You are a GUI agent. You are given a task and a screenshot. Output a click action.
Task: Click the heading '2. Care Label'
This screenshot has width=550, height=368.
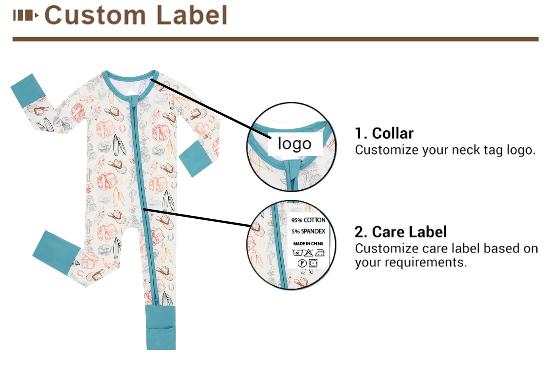click(400, 232)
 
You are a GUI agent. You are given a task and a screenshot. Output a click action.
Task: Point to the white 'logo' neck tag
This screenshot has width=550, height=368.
click(295, 144)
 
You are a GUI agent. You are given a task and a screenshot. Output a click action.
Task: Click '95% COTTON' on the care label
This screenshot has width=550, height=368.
click(308, 220)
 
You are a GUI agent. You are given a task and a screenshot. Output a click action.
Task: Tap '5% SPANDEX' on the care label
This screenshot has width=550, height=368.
click(308, 231)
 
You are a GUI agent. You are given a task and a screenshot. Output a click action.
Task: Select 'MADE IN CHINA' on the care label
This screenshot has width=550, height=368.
click(308, 244)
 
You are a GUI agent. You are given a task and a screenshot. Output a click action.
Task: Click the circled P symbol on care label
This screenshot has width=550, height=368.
click(302, 263)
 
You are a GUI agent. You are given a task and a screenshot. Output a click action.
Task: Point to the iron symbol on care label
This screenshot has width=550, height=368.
click(320, 252)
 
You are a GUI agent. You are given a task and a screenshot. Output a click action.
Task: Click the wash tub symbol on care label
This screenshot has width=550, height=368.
click(297, 252)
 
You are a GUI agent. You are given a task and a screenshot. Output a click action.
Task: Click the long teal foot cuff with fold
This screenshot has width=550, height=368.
click(161, 327)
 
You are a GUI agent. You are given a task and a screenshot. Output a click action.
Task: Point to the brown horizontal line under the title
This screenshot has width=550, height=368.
click(275, 39)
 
